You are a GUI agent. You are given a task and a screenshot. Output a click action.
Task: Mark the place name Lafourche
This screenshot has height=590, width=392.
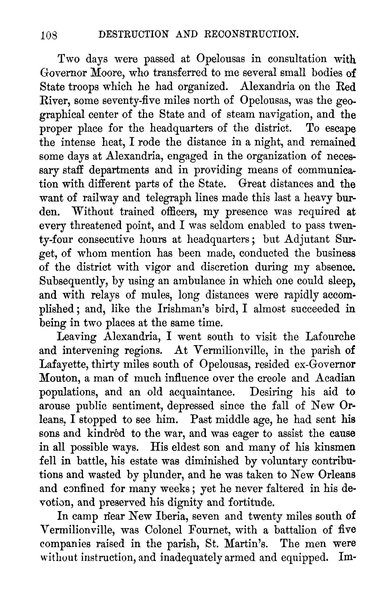(330, 337)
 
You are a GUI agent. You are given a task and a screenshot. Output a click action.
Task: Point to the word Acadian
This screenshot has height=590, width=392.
(333, 379)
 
